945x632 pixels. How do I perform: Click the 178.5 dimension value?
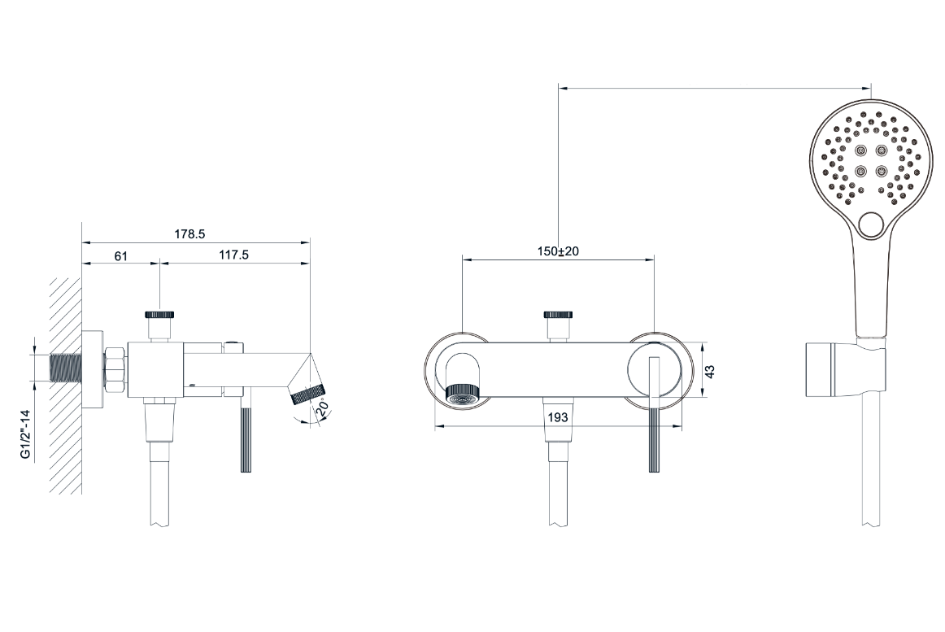(x=189, y=234)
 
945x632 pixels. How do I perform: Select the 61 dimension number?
(x=121, y=255)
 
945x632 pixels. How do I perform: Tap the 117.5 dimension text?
(x=234, y=255)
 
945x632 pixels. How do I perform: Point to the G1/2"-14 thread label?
(x=25, y=434)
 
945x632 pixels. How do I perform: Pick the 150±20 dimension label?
(x=558, y=251)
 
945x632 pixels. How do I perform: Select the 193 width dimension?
(x=558, y=417)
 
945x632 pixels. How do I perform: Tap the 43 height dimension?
(x=710, y=372)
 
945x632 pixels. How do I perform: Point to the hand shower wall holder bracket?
(x=846, y=369)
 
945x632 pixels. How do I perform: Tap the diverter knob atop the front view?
(x=558, y=315)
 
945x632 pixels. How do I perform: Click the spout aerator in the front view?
(x=463, y=392)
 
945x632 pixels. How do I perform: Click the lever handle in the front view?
(x=655, y=415)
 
